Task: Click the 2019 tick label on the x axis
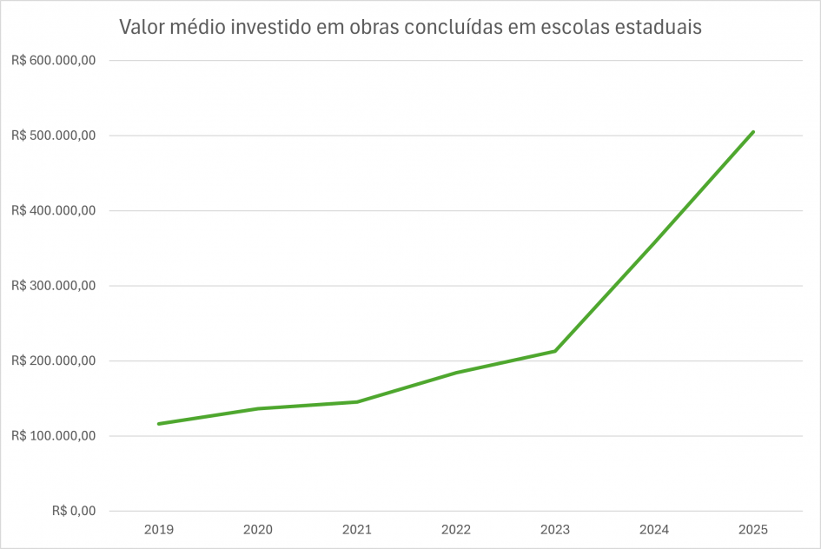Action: tap(158, 529)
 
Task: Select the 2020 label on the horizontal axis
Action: tap(257, 529)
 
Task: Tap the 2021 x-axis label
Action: tap(356, 529)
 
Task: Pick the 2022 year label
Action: tap(455, 529)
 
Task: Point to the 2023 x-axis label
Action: tap(554, 529)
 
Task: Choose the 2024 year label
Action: tap(653, 529)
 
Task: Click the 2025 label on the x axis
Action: tap(752, 529)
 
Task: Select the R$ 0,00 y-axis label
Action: tap(74, 511)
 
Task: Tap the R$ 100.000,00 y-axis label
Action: tap(53, 436)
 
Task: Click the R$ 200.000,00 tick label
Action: tap(53, 360)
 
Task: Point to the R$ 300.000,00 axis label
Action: tap(53, 286)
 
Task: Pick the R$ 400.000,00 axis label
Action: tap(53, 211)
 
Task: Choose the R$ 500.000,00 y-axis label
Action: tap(53, 136)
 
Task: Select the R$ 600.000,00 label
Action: tap(53, 61)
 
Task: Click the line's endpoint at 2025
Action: tap(753, 132)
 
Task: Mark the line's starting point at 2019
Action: tap(158, 424)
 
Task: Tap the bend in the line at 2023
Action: tap(555, 351)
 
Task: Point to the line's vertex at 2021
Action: tap(356, 401)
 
